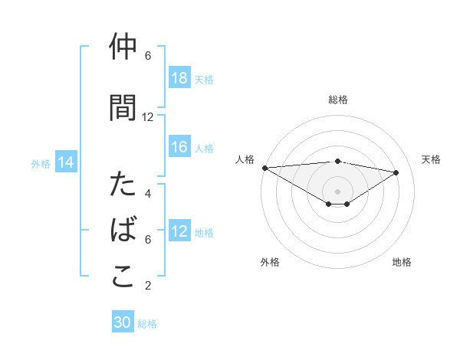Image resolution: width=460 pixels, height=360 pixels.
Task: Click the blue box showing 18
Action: coord(179,78)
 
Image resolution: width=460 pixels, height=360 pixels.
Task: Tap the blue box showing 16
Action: coord(179,147)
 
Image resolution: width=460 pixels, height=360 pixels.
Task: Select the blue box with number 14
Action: coord(66,162)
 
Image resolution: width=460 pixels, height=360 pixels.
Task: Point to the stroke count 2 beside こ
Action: coord(148,286)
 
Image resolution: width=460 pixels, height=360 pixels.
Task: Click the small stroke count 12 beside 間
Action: coord(148,117)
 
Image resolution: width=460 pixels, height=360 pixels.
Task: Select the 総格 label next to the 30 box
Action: coord(147,324)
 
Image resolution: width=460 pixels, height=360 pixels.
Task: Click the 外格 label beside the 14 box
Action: coord(41,163)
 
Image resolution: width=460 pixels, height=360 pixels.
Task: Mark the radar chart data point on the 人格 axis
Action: coord(264,167)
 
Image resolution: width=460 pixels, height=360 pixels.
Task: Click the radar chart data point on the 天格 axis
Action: coord(396,172)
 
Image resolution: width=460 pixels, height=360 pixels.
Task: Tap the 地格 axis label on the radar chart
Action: coord(402,262)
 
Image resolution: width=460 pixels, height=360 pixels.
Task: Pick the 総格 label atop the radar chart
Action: coord(338,100)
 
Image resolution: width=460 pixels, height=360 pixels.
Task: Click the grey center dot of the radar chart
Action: coord(337,191)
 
